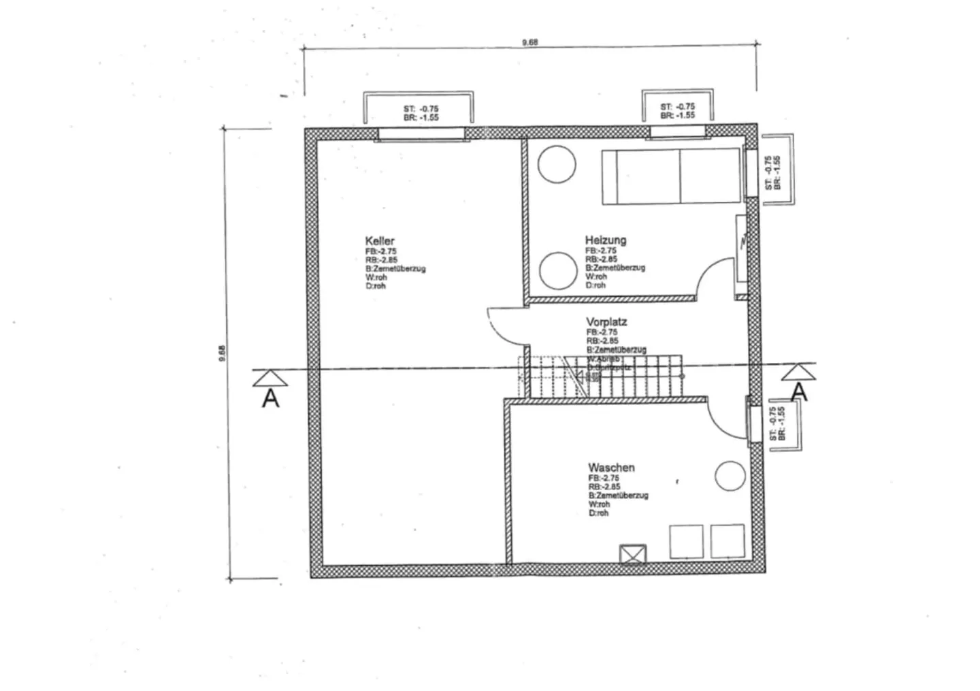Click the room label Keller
point(379,241)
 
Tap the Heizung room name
point(605,240)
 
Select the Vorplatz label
point(606,322)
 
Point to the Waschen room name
point(611,468)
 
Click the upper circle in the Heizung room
point(557,164)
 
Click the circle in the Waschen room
point(730,476)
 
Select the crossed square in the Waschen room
point(633,554)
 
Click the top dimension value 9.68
point(529,42)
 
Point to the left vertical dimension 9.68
point(222,354)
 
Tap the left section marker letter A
point(271,398)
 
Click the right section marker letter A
point(800,392)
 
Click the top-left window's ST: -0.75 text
point(421,109)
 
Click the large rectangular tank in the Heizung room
point(671,176)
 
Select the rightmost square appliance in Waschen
point(727,541)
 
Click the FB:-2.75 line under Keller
point(380,251)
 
